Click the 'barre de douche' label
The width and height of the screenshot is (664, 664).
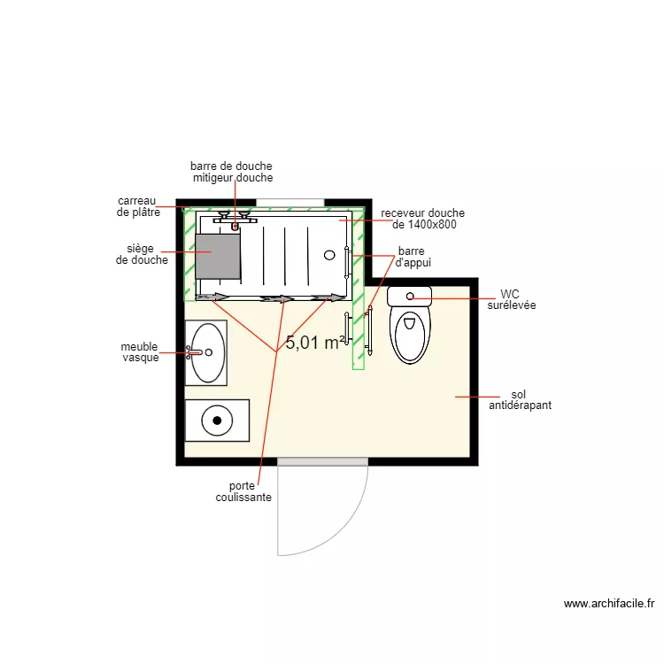(x=231, y=166)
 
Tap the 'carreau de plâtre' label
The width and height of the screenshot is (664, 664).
(x=138, y=206)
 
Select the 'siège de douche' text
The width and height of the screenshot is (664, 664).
(x=142, y=254)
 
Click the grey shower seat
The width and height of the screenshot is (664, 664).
(x=218, y=256)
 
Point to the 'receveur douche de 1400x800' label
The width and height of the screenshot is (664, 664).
(x=423, y=219)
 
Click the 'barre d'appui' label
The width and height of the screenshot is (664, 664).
(x=412, y=257)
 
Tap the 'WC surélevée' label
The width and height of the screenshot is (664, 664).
(x=511, y=299)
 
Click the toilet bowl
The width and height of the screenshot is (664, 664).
(x=409, y=334)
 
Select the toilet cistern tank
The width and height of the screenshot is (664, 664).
(x=409, y=296)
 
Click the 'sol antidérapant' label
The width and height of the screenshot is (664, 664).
(x=520, y=399)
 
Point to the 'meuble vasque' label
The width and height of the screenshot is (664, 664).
(x=140, y=351)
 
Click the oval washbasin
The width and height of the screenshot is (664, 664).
(x=208, y=352)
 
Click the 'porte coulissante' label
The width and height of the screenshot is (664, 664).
(x=243, y=491)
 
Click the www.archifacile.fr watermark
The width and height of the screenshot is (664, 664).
(x=609, y=604)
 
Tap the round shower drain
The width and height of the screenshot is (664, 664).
(x=329, y=255)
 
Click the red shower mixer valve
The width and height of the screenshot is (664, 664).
(x=235, y=227)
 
